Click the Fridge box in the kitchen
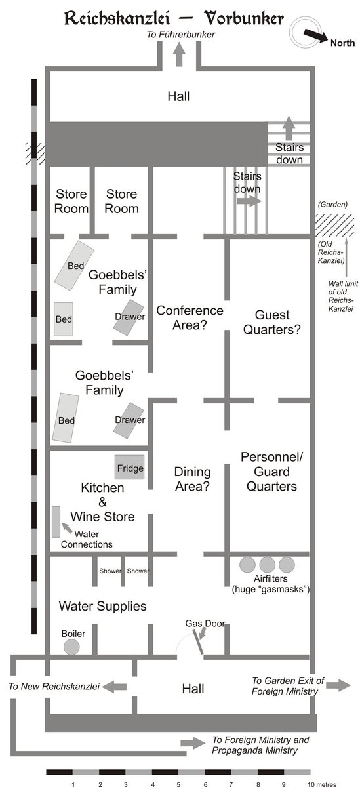[x=129, y=467]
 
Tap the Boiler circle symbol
[x=71, y=647]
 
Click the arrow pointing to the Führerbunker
[x=180, y=54]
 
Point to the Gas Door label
[x=205, y=623]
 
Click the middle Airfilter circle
[x=268, y=565]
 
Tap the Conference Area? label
[x=190, y=317]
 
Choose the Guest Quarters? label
[x=272, y=322]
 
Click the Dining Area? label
[x=193, y=479]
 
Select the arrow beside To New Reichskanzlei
[x=115, y=686]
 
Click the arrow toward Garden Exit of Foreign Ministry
[x=338, y=685]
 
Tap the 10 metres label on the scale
[x=322, y=784]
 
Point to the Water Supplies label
[x=102, y=606]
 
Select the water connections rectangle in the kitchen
[x=56, y=522]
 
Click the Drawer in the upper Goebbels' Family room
[x=129, y=317]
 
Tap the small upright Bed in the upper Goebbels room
[x=64, y=319]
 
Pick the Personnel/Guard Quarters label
[x=271, y=472]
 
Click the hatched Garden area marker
[x=334, y=225]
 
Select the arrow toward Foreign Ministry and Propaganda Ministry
[x=193, y=742]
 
